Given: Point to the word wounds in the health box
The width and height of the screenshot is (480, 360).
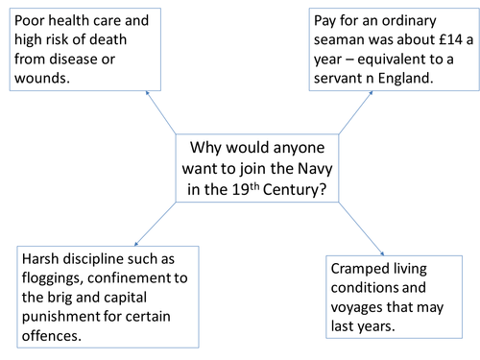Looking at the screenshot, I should point(42,78).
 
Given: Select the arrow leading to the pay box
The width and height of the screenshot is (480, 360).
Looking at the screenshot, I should point(322,112).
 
